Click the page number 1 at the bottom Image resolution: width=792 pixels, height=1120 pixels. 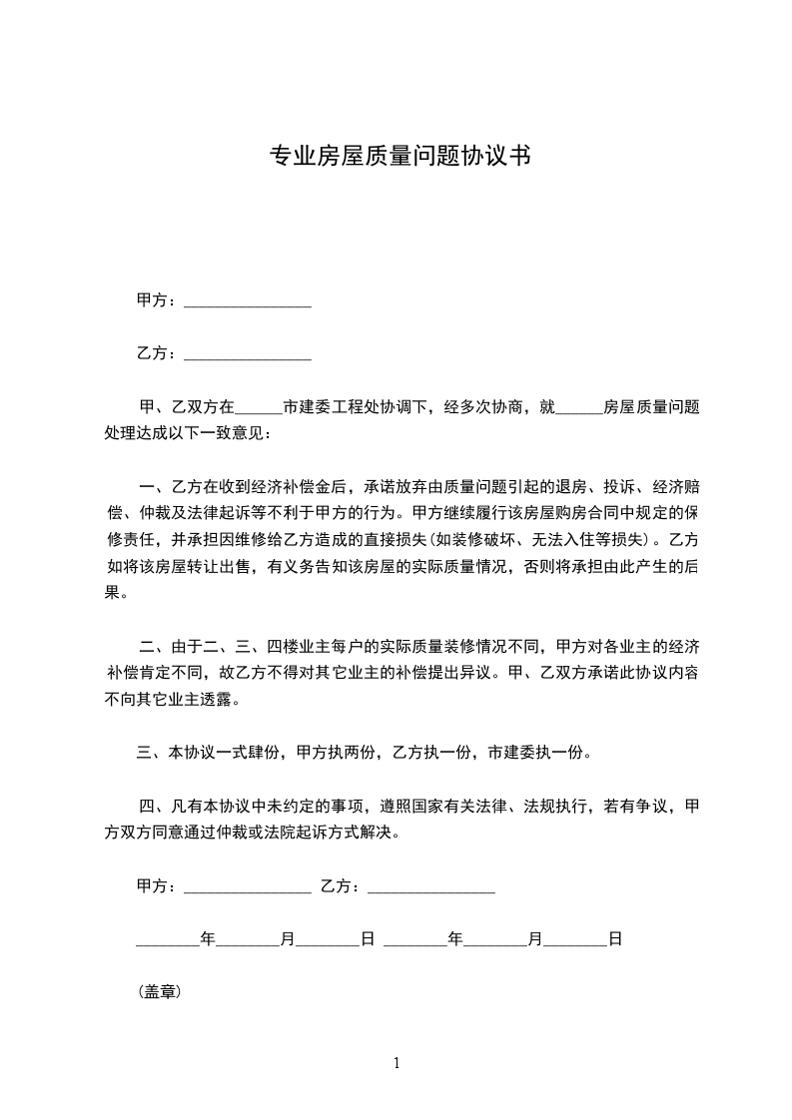point(396,1063)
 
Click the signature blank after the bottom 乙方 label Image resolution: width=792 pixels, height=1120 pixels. point(431,886)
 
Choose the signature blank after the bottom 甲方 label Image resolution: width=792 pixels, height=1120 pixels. point(248,886)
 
